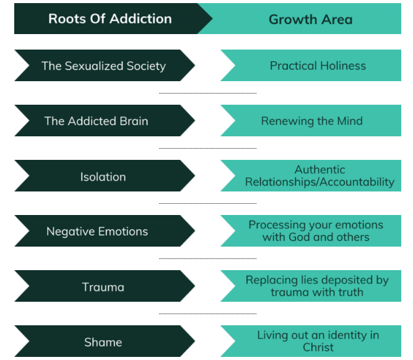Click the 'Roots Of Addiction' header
[110, 19]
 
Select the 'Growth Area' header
[310, 19]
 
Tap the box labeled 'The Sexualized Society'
[103, 66]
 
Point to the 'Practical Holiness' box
[318, 66]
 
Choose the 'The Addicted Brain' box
[96, 121]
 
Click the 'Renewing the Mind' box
[311, 121]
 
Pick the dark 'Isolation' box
[103, 177]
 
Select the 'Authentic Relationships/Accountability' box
[320, 176]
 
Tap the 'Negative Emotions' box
[97, 232]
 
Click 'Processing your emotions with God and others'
[316, 231]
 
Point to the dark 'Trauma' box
[103, 287]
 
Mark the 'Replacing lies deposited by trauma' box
[317, 286]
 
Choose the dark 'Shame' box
[103, 342]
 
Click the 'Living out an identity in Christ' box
[318, 341]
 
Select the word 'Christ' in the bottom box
[318, 348]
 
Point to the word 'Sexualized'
[95, 66]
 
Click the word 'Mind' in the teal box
[349, 121]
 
